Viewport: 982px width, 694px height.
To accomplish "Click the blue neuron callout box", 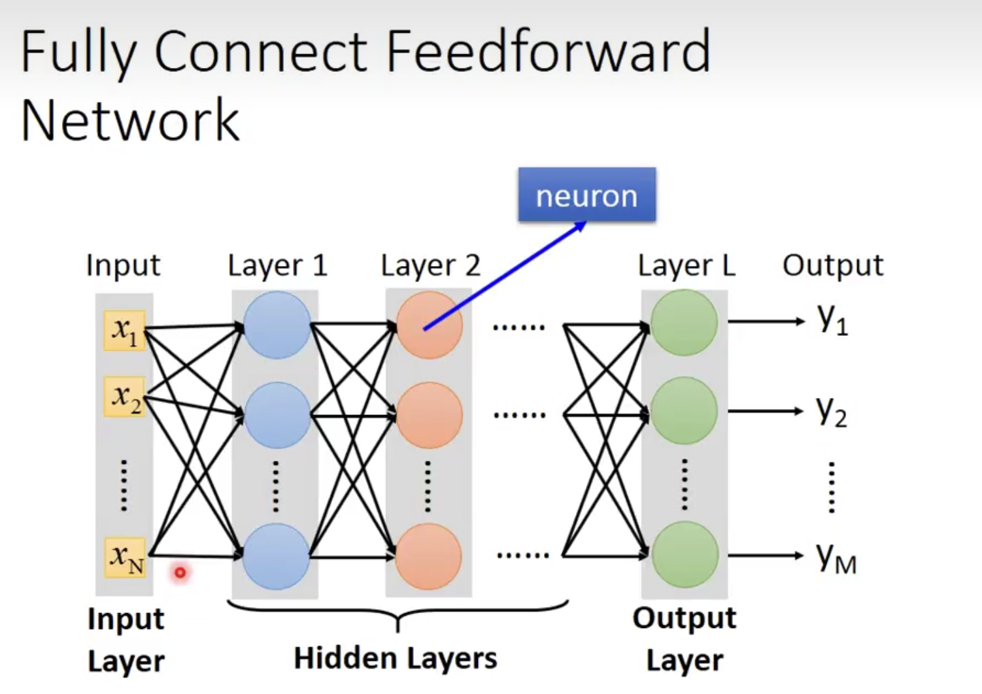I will click(x=586, y=195).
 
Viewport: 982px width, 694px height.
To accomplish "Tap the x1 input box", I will click(x=124, y=331).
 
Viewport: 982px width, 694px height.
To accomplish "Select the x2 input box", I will click(x=124, y=397).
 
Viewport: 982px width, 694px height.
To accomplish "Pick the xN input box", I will click(x=126, y=557).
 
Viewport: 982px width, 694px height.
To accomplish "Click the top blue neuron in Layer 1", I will click(x=277, y=325).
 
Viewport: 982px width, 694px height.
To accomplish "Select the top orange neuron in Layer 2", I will click(x=430, y=325).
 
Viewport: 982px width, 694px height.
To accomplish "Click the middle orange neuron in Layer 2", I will click(x=429, y=415).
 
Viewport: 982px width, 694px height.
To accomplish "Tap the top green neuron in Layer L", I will click(x=684, y=323).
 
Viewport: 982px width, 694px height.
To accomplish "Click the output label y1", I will click(x=832, y=320).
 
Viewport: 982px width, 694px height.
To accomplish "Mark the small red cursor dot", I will click(x=180, y=573).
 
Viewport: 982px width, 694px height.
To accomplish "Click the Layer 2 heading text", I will click(x=430, y=265).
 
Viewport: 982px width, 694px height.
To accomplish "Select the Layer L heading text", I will click(x=686, y=265).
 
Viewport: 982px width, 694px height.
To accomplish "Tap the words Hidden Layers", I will click(x=395, y=658).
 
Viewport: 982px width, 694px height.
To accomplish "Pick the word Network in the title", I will click(x=130, y=121).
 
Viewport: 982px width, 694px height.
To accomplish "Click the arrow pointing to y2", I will click(x=765, y=411).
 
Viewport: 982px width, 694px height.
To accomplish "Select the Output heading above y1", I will click(x=832, y=265).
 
